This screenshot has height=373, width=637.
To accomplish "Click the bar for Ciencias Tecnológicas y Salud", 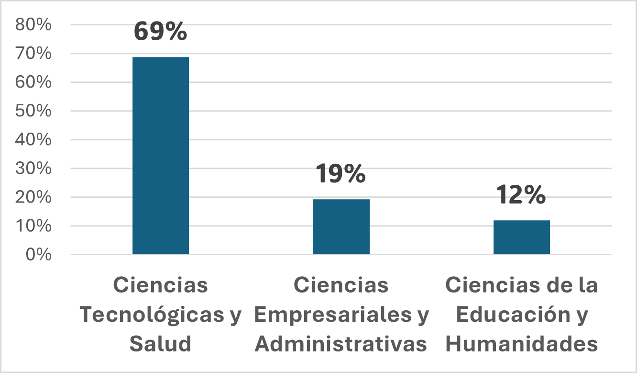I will click(161, 156).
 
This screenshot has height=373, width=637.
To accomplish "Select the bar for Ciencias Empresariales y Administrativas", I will click(341, 226).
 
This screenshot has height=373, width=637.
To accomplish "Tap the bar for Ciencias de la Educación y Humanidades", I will click(521, 237).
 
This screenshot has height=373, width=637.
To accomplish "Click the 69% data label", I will click(160, 31).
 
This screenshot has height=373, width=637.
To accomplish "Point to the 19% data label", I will click(340, 173).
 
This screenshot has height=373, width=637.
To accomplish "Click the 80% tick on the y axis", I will click(33, 25).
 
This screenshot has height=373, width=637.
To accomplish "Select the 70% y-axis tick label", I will click(33, 54).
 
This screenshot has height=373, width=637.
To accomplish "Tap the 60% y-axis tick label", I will click(33, 82).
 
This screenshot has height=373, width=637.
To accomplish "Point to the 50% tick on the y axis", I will click(33, 111).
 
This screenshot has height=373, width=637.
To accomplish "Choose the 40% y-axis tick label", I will click(33, 140).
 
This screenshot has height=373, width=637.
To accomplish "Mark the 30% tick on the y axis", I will click(33, 169).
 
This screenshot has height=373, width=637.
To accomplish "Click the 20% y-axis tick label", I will click(33, 197).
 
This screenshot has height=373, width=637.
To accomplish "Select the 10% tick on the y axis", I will click(33, 226).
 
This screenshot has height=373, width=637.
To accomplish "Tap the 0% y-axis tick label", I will click(38, 254).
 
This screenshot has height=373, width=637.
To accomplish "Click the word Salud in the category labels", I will click(161, 344).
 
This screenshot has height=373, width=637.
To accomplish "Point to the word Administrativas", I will click(341, 344).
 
